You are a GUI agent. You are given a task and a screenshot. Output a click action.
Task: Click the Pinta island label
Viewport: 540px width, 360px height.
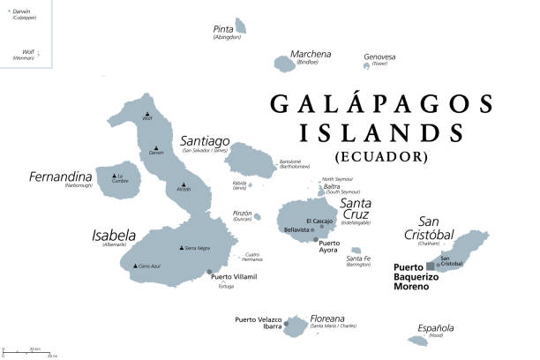[224, 29]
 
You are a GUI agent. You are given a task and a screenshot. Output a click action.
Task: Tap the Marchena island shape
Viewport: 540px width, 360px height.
[285, 64]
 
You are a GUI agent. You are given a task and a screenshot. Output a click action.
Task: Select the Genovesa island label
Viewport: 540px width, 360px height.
[379, 57]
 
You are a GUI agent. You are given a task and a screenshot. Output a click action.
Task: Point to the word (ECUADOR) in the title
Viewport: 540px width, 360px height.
[381, 157]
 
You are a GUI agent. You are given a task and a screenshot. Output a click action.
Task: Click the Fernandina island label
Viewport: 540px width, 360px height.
[61, 176]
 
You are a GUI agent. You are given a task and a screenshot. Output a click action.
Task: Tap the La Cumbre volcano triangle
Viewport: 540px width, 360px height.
[117, 176]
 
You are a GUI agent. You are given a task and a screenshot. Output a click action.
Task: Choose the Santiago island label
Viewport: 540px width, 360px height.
[205, 141]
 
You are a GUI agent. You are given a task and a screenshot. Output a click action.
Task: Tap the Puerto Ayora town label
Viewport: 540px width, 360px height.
[328, 246]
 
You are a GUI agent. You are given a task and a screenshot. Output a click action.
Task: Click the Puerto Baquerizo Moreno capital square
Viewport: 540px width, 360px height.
[431, 264]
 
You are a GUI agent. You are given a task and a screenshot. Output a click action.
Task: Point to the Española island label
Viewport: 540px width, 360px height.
[436, 327]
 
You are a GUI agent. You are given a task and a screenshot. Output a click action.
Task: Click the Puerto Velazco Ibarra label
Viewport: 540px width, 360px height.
[258, 323]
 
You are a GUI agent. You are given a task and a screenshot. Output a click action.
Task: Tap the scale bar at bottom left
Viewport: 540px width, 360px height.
[26, 352]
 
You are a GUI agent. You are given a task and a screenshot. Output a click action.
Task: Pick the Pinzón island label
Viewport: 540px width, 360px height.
[241, 214]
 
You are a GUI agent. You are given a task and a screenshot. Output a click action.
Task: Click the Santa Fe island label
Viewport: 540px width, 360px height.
[358, 259]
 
